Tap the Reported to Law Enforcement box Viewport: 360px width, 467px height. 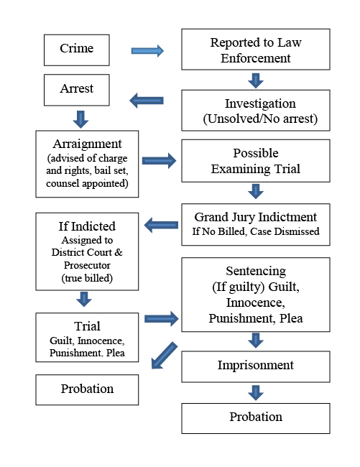(x=255, y=49)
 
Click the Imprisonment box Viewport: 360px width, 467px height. (x=255, y=366)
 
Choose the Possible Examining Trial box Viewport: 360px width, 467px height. (x=255, y=160)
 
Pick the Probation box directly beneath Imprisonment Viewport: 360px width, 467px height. (x=255, y=417)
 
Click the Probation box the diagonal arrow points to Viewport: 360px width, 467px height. (x=87, y=389)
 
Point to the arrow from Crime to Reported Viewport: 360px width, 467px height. (x=147, y=51)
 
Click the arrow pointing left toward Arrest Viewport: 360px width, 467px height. (x=147, y=101)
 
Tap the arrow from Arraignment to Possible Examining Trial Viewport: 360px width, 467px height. (x=160, y=161)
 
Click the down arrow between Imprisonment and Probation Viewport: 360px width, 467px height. (x=255, y=392)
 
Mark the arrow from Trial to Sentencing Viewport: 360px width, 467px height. (x=160, y=318)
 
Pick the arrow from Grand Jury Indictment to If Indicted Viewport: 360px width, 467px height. (x=161, y=226)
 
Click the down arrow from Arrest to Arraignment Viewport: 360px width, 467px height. (x=80, y=118)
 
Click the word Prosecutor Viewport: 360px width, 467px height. (x=87, y=264)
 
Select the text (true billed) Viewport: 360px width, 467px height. (x=87, y=277)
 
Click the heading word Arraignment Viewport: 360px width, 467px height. (x=87, y=145)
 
